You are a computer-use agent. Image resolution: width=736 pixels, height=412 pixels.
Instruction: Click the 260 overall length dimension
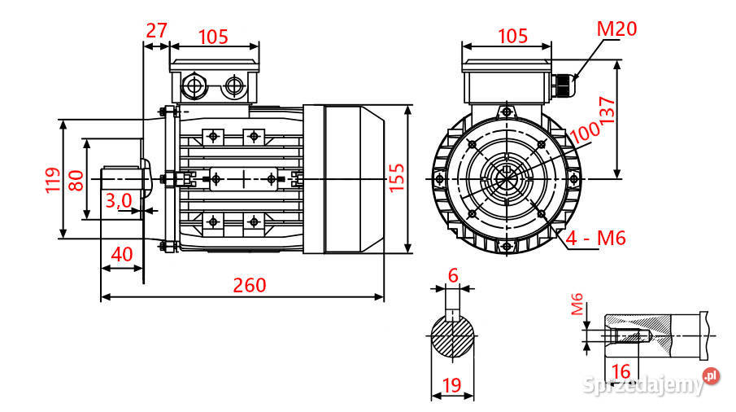point(250,285)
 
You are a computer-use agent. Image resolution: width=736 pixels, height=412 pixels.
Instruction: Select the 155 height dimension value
point(396,177)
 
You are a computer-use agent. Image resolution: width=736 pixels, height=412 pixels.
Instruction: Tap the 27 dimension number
point(156,30)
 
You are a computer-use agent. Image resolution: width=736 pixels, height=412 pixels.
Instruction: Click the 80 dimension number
point(76,179)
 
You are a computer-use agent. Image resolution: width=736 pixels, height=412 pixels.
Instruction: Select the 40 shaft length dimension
point(121,254)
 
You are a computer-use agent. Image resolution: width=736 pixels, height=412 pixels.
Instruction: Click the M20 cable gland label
point(617,29)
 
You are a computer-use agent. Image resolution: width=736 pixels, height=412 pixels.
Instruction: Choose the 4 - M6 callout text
point(596,239)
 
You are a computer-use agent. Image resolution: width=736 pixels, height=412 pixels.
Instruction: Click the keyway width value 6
point(454,275)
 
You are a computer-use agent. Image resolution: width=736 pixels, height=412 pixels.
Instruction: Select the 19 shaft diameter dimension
point(453,384)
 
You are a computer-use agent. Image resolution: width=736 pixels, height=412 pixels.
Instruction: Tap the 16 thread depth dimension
point(620,371)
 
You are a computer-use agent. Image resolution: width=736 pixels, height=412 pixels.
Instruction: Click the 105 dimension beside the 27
point(213,37)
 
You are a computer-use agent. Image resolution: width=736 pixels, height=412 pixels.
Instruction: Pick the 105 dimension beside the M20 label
point(512,37)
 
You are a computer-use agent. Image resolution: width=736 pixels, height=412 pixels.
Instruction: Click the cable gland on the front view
point(561,85)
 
